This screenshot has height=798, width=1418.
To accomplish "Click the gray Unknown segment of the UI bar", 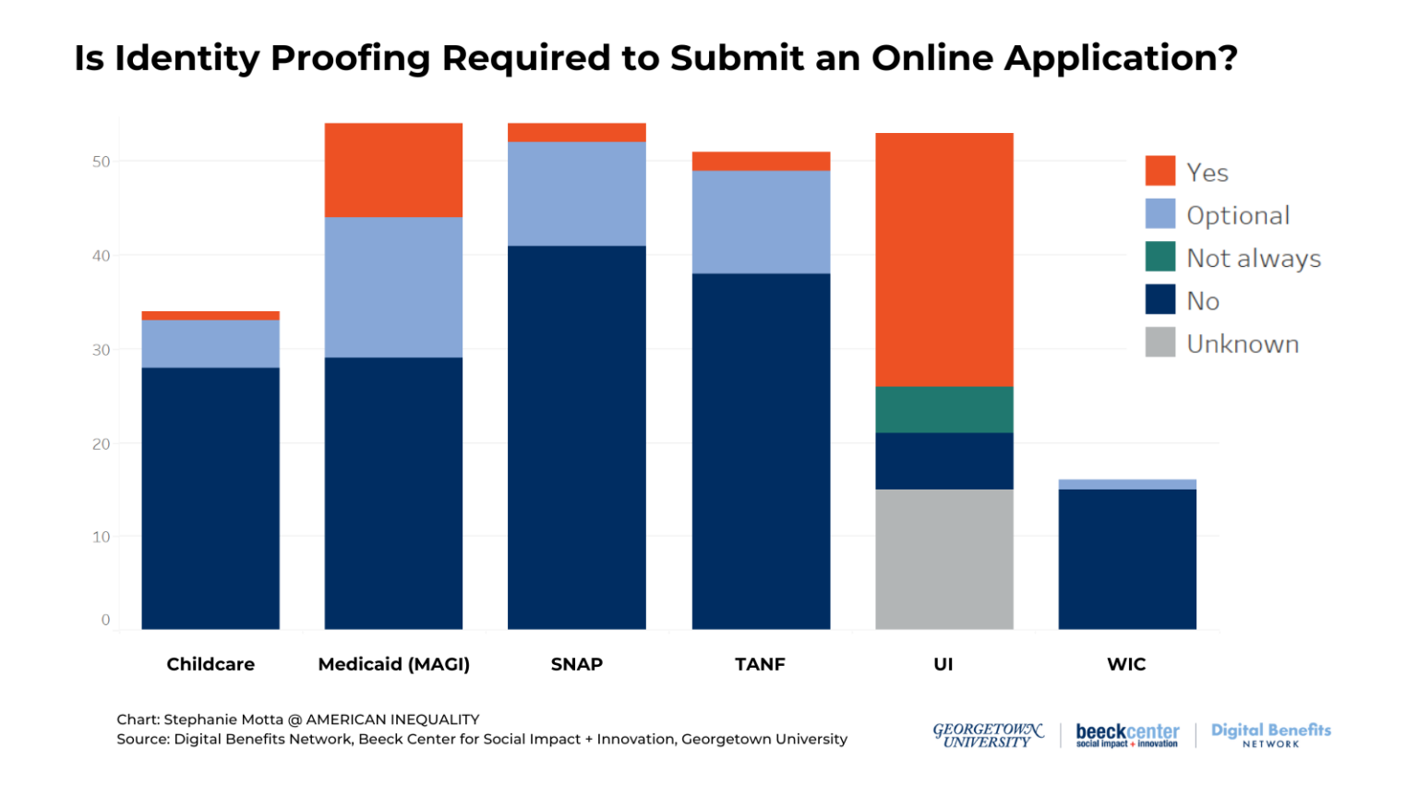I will (x=943, y=559).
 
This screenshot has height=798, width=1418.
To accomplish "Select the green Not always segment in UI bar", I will (x=943, y=409).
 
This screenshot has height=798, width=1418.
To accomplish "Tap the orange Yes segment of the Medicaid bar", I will (x=393, y=170).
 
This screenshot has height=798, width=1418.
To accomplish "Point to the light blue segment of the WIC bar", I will (x=1126, y=484).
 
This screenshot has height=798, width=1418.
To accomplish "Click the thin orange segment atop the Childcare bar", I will (x=210, y=316).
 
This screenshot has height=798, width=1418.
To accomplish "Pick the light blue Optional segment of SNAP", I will (x=576, y=193).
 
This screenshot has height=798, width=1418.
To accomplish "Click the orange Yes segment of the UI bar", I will (x=943, y=260).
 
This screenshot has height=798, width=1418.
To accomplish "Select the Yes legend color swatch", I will (x=1160, y=172).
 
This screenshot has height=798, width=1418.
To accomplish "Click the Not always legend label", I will (x=1253, y=259).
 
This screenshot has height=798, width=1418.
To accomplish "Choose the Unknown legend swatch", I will (x=1160, y=343).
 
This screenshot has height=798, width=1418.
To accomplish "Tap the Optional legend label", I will (x=1237, y=215).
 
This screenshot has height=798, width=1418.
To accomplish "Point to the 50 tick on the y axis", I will (x=101, y=162).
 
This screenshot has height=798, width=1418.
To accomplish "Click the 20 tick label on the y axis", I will (x=101, y=443).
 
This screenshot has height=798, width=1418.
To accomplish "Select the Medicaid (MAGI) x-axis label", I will (x=393, y=664).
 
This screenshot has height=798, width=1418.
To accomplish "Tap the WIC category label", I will (x=1126, y=664).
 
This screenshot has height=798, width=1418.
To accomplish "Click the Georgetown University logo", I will (x=987, y=735).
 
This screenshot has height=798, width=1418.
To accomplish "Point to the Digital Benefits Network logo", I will (x=1270, y=734).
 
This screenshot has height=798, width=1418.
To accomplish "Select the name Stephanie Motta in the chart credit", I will (x=223, y=719).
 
